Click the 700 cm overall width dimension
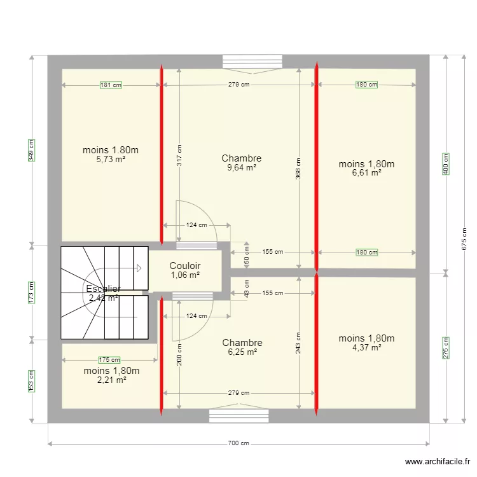coord(239,444)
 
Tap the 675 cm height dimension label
coord(464,238)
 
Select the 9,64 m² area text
coord(241,168)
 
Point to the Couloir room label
coord(185,266)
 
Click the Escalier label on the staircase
coord(103,289)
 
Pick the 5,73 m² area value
coord(111,160)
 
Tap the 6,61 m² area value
coord(366,172)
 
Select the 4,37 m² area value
coord(366,347)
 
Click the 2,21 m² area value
coord(111,380)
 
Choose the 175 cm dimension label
coord(109,360)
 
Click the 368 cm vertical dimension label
coord(298,169)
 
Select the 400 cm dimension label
coord(446,164)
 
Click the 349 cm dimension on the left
coord(31,150)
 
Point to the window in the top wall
coord(252,62)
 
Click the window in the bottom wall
coord(239,415)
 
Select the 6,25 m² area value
coord(242,352)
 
